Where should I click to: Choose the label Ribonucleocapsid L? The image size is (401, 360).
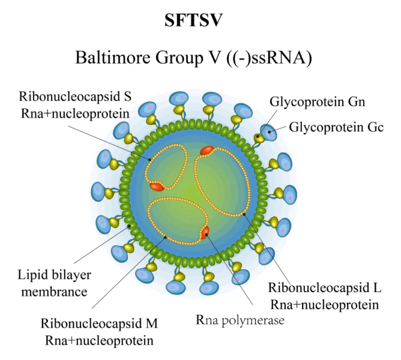[324, 287]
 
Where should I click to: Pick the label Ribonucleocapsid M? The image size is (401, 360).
[99, 324]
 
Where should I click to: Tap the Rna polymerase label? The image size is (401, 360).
[240, 320]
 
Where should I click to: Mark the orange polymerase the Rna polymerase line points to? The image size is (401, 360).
[205, 232]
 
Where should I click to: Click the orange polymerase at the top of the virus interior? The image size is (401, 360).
[207, 151]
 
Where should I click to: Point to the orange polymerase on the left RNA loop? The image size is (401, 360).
[157, 187]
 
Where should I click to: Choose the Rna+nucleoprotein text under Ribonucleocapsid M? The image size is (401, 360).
[99, 340]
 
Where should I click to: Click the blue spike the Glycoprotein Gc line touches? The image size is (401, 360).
[268, 133]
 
